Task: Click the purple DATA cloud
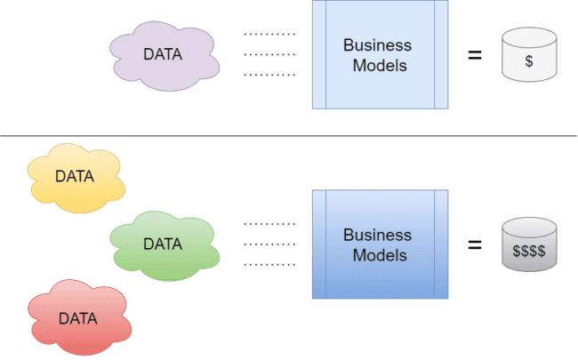[x=164, y=55]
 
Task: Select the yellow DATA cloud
[x=75, y=178]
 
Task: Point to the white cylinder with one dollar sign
[x=529, y=59]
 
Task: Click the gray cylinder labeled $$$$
[x=529, y=246]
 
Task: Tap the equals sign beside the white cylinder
[x=475, y=55]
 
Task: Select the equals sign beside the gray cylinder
[x=475, y=244]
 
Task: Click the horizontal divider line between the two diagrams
[x=288, y=136]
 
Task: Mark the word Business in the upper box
[x=378, y=45]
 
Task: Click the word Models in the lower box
[x=378, y=255]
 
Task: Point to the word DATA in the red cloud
[x=78, y=317]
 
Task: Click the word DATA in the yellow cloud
[x=75, y=176]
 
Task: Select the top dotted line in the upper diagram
[x=269, y=35]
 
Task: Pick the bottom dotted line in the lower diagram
[x=269, y=265]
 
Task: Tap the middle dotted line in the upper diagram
[x=269, y=54]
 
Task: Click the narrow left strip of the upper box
[x=319, y=54]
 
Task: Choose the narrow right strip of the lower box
[x=441, y=244]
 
